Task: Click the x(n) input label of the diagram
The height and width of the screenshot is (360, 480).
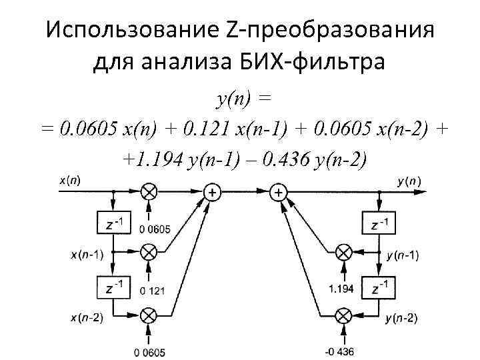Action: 70,179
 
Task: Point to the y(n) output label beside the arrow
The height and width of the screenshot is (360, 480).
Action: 409,181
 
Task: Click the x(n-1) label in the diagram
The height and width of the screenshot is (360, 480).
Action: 87,254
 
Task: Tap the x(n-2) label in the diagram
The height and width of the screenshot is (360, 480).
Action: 87,317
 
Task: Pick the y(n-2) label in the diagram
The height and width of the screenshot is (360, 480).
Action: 402,318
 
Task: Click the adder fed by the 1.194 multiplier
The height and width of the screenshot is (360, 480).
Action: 278,192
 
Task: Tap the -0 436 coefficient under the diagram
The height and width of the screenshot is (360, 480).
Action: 344,351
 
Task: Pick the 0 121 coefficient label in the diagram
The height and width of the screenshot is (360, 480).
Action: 153,291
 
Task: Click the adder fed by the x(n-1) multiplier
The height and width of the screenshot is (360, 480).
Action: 213,192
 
